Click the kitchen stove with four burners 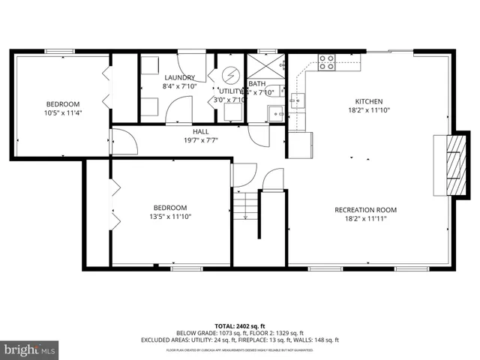pos(327,62)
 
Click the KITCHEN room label pos(369,101)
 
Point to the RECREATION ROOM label pos(365,210)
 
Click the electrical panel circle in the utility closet pos(230,75)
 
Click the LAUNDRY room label pos(179,77)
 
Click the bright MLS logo pos(29,349)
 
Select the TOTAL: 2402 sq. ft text pos(240,325)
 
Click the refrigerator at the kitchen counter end pos(299,145)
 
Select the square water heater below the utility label pos(232,112)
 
